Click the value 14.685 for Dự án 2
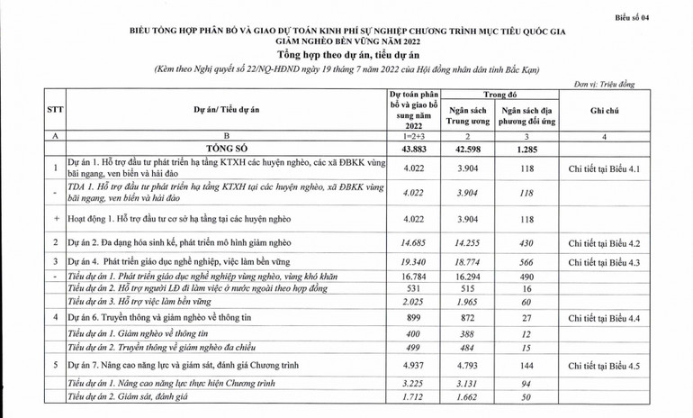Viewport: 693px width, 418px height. click(x=413, y=242)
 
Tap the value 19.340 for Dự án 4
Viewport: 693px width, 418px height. click(x=413, y=262)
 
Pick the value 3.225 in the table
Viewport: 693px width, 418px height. click(x=413, y=384)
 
